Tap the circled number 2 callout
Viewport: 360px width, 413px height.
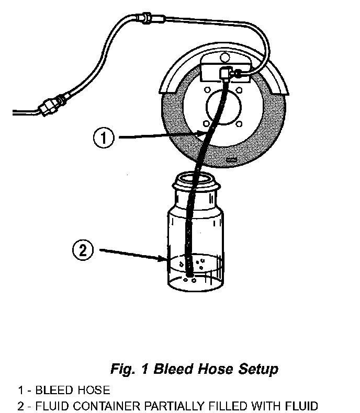tap(82, 250)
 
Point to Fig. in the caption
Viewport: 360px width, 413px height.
tap(123, 369)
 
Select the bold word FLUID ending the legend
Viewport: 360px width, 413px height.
tap(302, 405)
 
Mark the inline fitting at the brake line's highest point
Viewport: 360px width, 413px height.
tap(144, 21)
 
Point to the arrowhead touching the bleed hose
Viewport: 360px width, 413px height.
tap(201, 134)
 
